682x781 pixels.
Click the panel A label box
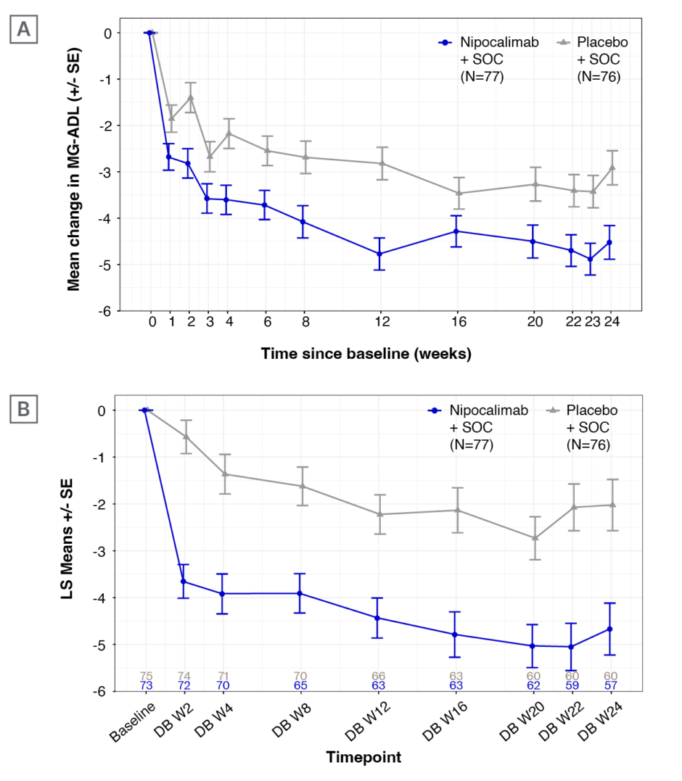coord(23,31)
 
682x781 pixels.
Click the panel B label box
coord(23,410)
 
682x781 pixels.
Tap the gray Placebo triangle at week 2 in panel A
coord(190,97)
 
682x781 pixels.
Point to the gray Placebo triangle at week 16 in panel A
coord(456,193)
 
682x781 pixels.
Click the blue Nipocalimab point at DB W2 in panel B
coord(184,582)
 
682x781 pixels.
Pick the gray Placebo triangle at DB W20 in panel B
coord(535,537)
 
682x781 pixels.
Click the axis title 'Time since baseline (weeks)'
coord(366,355)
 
